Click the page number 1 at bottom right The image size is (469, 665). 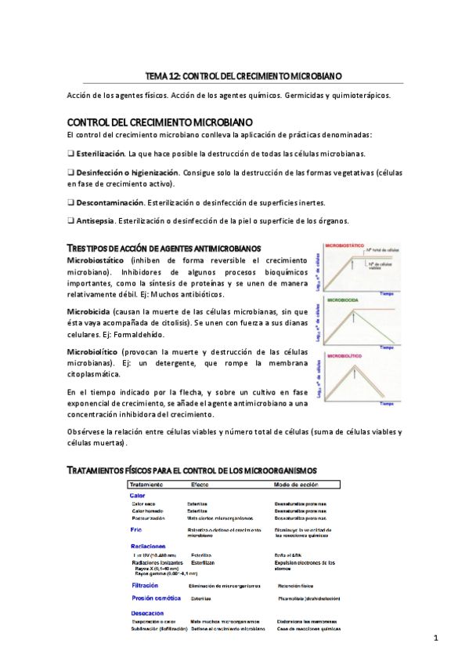(x=435, y=638)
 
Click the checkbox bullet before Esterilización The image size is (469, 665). (x=70, y=154)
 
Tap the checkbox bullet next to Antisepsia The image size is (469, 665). (x=70, y=220)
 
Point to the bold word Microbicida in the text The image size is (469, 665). (x=88, y=311)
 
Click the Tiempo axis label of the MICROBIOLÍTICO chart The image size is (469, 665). (x=387, y=405)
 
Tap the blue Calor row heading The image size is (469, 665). (x=136, y=495)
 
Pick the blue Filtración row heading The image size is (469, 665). (x=144, y=585)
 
